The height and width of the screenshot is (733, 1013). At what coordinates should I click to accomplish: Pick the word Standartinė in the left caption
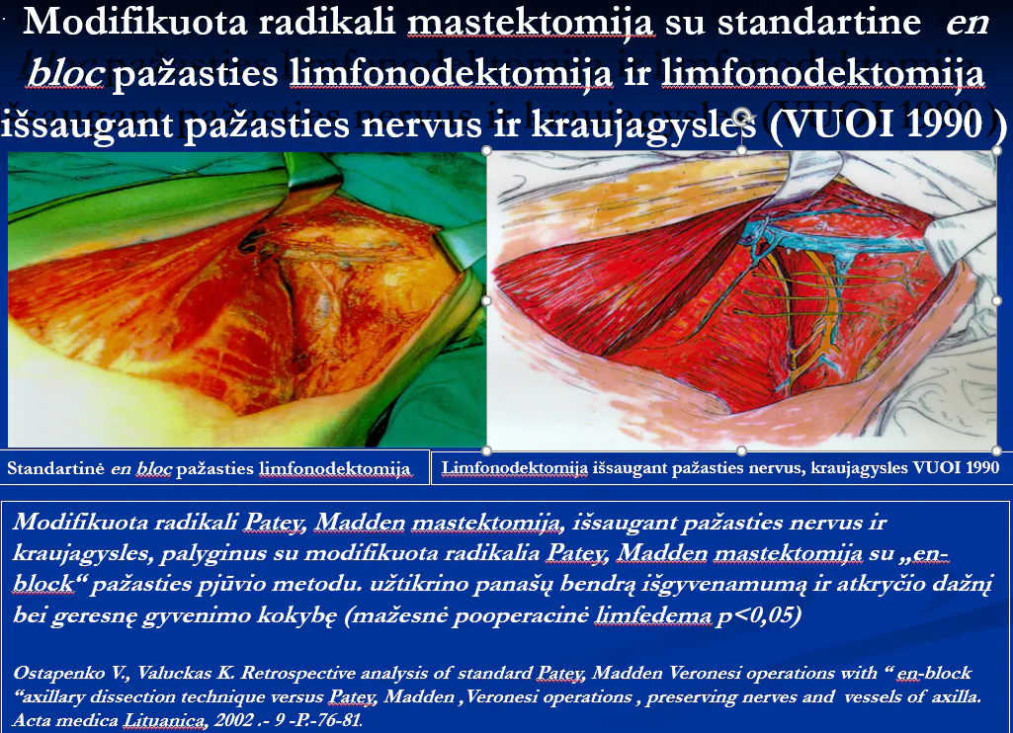[55, 468]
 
